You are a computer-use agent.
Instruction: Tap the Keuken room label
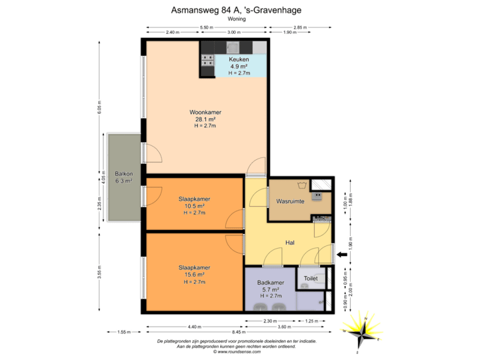pos(239,59)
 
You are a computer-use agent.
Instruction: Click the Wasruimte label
pos(290,201)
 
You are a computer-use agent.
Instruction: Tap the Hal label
pos(290,243)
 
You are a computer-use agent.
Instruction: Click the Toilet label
pos(311,278)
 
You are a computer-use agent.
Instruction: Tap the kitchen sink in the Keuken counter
pos(233,47)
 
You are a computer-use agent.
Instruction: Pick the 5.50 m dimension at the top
pos(207,27)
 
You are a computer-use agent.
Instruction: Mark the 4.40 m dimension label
pos(194,326)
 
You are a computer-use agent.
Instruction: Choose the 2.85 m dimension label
pos(300,27)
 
